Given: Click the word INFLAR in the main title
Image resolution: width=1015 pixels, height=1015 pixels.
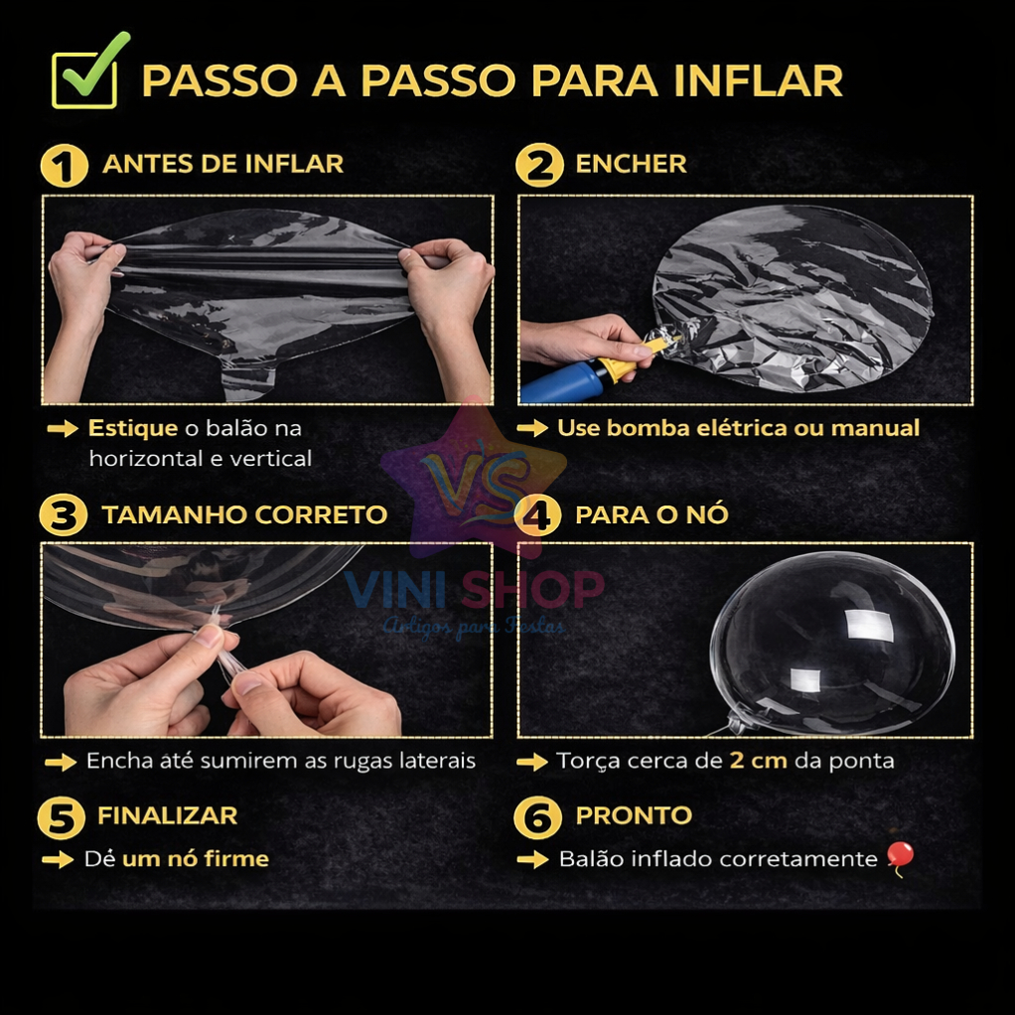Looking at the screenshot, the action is click(758, 80).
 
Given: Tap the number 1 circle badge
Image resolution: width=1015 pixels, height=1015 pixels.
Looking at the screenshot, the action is click(65, 166).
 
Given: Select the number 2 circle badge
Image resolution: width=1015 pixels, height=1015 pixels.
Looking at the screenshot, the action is click(539, 166).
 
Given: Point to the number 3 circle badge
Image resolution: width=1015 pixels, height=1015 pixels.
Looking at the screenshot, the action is click(63, 515).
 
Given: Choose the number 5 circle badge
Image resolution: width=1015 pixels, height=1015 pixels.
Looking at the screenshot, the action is click(62, 818).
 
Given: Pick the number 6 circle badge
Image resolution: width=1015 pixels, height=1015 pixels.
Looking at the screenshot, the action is click(537, 818).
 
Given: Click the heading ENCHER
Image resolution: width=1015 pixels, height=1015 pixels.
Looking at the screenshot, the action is click(631, 164).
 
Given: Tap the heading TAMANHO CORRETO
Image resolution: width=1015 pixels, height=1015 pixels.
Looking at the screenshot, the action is click(244, 514).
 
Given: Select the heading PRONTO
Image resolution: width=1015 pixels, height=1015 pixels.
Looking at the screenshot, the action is click(634, 815).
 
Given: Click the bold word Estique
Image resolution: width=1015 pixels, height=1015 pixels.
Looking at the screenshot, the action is click(133, 428).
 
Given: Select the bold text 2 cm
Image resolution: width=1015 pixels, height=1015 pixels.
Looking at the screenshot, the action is click(758, 760).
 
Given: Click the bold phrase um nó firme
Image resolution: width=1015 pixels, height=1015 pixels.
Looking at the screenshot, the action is click(196, 859).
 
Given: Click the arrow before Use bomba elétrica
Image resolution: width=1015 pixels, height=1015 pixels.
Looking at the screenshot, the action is click(532, 428).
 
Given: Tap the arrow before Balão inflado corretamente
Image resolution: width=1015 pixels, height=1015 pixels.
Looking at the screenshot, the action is click(532, 860).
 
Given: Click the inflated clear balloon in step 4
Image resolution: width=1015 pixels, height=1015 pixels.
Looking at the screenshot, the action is click(832, 645).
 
